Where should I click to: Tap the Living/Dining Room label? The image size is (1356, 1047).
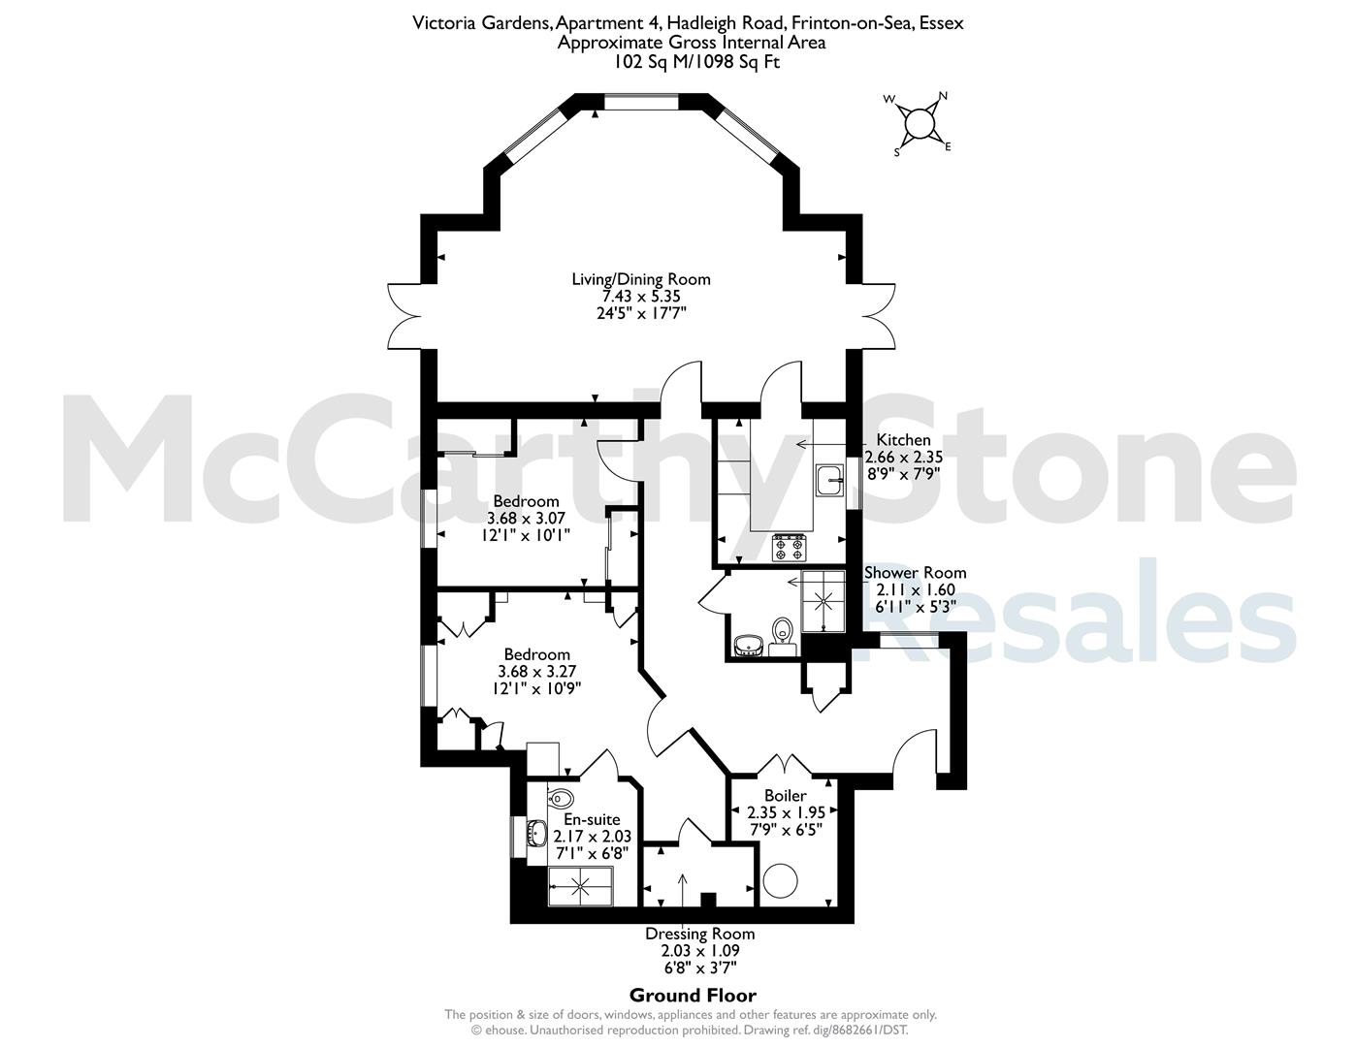coord(641,279)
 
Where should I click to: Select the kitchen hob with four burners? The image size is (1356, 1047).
coord(790,548)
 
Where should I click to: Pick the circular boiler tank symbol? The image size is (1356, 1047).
coord(781,881)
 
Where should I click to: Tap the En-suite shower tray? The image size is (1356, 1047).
coord(580,885)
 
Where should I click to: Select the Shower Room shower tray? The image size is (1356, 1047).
coord(823,600)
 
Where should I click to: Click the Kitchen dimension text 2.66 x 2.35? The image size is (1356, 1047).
coord(903,457)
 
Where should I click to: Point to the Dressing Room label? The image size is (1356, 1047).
coord(699,934)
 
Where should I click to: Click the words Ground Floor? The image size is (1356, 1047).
coord(693,996)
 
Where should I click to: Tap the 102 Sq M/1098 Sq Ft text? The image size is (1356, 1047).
coord(697,62)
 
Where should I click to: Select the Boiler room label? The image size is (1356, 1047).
coord(785,795)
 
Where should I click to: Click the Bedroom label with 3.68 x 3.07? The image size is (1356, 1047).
coord(526,501)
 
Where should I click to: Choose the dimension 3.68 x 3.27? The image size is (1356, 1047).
coord(536,671)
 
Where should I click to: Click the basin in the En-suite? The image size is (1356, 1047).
coord(536,832)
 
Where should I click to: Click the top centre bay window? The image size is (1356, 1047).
coord(641,102)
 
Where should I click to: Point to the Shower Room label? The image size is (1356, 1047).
coord(915,572)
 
